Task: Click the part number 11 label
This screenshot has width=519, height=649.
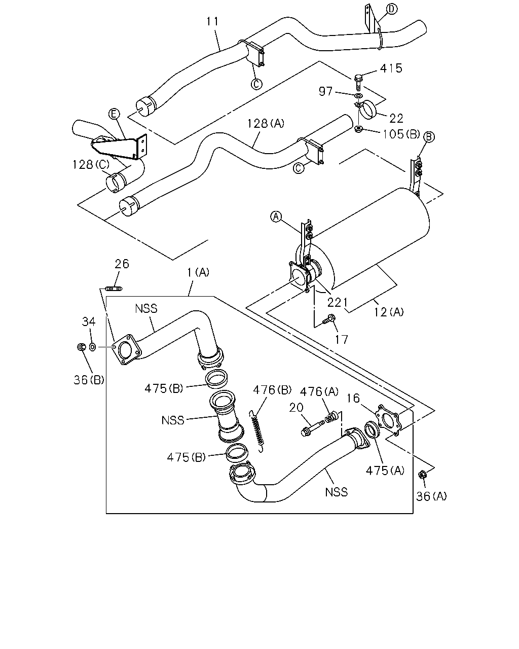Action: tap(212, 22)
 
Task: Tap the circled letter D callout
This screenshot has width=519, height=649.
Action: tap(391, 9)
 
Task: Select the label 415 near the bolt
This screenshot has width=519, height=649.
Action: tap(391, 68)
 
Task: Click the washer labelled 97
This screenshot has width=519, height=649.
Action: tap(358, 96)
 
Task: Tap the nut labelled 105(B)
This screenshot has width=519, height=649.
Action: tap(358, 130)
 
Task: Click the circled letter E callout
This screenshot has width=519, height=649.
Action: tap(114, 114)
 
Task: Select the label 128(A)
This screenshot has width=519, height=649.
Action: tap(266, 123)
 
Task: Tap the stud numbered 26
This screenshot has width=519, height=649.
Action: tap(114, 289)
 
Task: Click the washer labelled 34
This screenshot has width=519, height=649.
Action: tap(93, 347)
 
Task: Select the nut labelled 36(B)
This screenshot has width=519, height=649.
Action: tap(81, 347)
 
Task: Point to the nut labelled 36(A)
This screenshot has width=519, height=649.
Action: tap(422, 475)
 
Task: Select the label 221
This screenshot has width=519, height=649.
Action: tap(338, 302)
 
